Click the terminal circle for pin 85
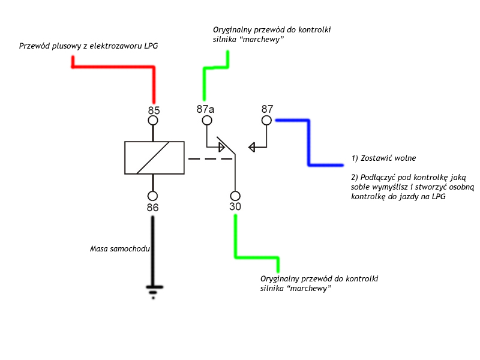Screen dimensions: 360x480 pos(153,121)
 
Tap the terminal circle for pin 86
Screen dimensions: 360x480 pos(153,196)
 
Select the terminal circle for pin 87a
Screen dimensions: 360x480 pos(207,121)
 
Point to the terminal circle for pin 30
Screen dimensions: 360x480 pos(235,196)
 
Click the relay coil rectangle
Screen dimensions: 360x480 pos(154,158)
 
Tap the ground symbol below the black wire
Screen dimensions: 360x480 pos(153,292)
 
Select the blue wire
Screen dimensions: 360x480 pos(309,144)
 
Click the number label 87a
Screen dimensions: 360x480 pos(205,109)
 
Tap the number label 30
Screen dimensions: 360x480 pos(235,207)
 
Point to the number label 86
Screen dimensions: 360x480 pos(153,208)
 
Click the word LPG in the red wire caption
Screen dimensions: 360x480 pos(150,46)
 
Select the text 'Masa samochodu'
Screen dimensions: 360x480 pos(119,248)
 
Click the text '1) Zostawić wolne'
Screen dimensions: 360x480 pos(383,158)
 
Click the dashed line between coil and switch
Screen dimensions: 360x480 pos(209,159)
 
